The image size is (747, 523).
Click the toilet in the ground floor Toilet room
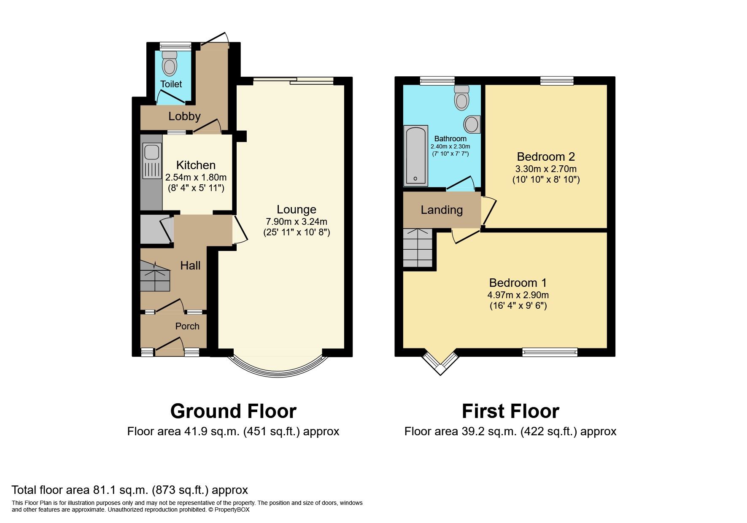170,64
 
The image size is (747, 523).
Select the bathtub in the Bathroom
416,156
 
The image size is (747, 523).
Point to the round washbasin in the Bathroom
472,124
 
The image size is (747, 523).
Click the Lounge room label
296,210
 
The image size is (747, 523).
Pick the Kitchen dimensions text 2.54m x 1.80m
196,177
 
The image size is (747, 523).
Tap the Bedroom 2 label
545,157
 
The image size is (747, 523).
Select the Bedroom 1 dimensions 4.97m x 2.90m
518,295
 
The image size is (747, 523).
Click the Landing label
442,210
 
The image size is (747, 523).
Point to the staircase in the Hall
155,276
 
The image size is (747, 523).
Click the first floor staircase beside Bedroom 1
418,248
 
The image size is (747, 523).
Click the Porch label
187,326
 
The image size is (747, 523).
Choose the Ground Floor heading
233,411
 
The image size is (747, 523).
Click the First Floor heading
510,411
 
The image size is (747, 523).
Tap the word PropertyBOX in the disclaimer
232,510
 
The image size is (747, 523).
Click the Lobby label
184,116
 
